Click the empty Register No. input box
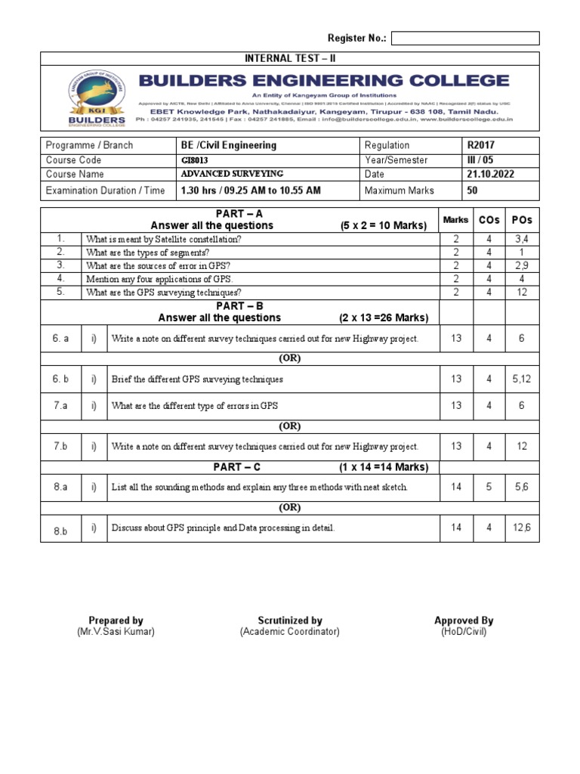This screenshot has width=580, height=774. [465, 39]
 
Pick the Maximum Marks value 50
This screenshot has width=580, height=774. [473, 190]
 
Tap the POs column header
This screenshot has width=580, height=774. [521, 219]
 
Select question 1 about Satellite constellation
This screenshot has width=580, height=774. [164, 239]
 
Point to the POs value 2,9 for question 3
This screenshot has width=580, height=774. [521, 265]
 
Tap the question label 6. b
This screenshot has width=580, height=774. [61, 379]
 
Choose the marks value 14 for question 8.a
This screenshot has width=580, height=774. [456, 487]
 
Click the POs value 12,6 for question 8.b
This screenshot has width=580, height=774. [521, 528]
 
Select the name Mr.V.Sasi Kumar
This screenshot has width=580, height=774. [116, 632]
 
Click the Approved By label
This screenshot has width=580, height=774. [464, 621]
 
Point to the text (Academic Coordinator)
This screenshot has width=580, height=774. [290, 632]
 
